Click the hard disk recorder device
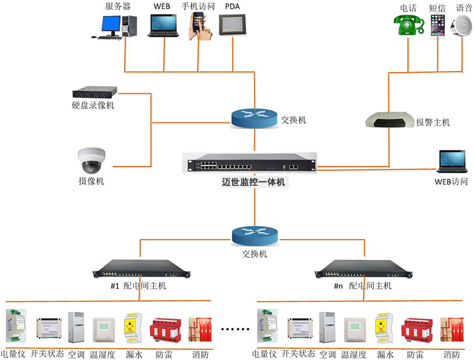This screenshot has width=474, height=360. coord(94,92)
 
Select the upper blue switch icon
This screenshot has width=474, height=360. coord(254,117)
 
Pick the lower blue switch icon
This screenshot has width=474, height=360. coord(254,236)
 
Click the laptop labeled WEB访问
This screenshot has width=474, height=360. coord(453,162)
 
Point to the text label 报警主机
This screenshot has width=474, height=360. coord(433,122)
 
